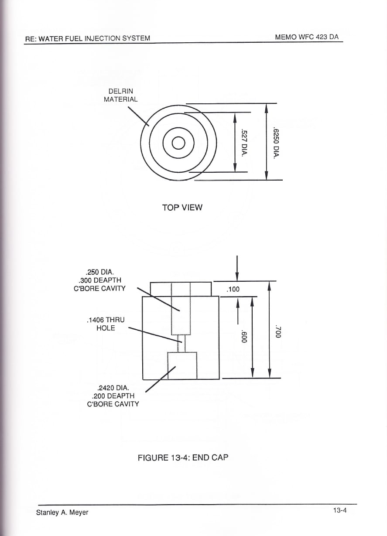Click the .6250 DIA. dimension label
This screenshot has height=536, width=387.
(277, 143)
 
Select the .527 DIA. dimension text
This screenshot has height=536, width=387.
(244, 143)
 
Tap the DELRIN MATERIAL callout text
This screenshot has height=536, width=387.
(120, 95)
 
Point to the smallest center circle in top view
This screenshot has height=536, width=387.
(178, 143)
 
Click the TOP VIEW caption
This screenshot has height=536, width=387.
(182, 208)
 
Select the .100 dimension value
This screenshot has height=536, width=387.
(233, 289)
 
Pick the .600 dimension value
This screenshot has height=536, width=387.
(243, 336)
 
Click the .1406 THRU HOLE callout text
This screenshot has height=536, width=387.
(106, 324)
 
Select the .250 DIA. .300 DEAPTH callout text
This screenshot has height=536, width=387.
(99, 280)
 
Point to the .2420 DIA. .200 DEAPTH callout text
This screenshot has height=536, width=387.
(113, 396)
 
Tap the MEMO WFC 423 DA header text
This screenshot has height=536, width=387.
(307, 37)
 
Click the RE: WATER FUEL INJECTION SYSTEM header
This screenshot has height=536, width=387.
(88, 38)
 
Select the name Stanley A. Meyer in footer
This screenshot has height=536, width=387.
(62, 510)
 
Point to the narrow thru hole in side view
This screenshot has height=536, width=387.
(181, 343)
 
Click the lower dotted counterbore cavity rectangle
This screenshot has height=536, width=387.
(182, 365)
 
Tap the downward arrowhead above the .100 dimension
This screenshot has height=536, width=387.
(237, 277)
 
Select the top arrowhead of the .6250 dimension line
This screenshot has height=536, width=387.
(267, 108)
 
